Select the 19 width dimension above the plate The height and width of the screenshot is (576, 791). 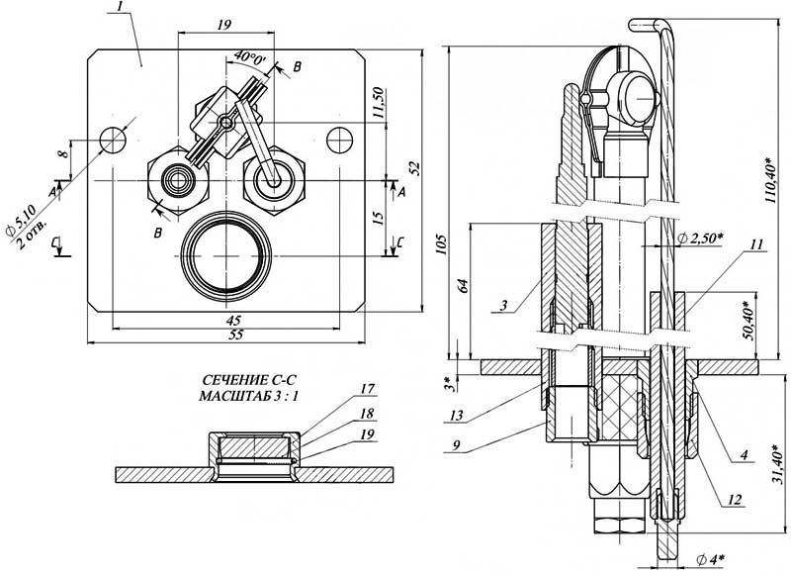pos(225,24)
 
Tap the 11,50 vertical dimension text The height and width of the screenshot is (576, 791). pos(379,104)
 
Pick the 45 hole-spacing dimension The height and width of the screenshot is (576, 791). pos(233,320)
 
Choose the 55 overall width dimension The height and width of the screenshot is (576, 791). pos(235,335)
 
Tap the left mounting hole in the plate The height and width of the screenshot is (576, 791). pos(112,140)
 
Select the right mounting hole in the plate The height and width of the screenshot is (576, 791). pos(339,140)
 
